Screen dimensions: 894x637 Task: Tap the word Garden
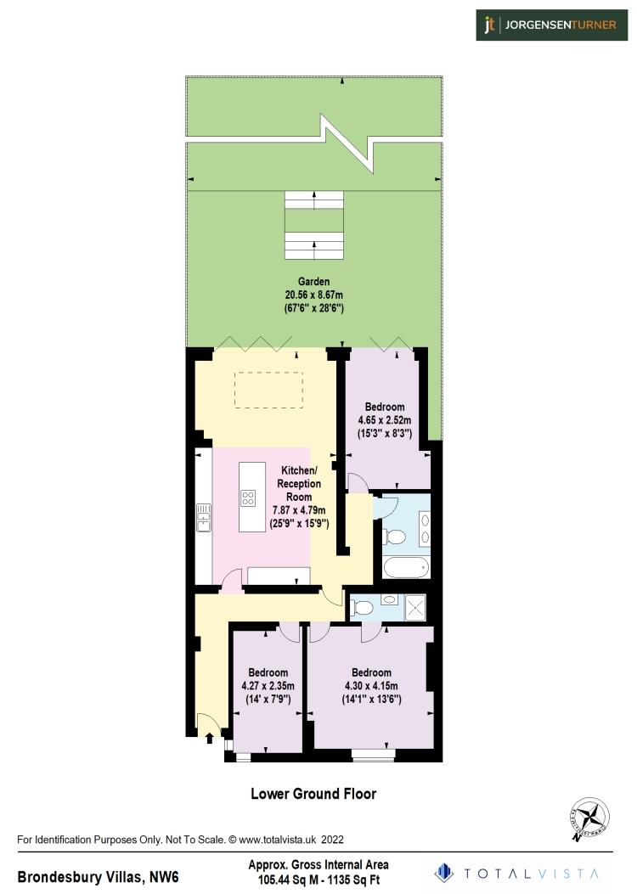(314, 281)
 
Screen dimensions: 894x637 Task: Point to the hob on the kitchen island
(248, 498)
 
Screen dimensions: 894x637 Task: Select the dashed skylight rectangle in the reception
(268, 388)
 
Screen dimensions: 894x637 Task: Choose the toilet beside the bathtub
(393, 537)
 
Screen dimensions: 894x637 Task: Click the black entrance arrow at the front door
(209, 738)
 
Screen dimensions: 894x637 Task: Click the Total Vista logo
(518, 872)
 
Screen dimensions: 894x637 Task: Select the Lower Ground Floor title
(313, 794)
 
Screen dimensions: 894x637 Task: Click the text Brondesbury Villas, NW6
(99, 875)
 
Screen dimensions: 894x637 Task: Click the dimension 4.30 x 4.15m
(371, 686)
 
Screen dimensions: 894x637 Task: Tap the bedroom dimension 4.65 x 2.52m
(384, 419)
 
